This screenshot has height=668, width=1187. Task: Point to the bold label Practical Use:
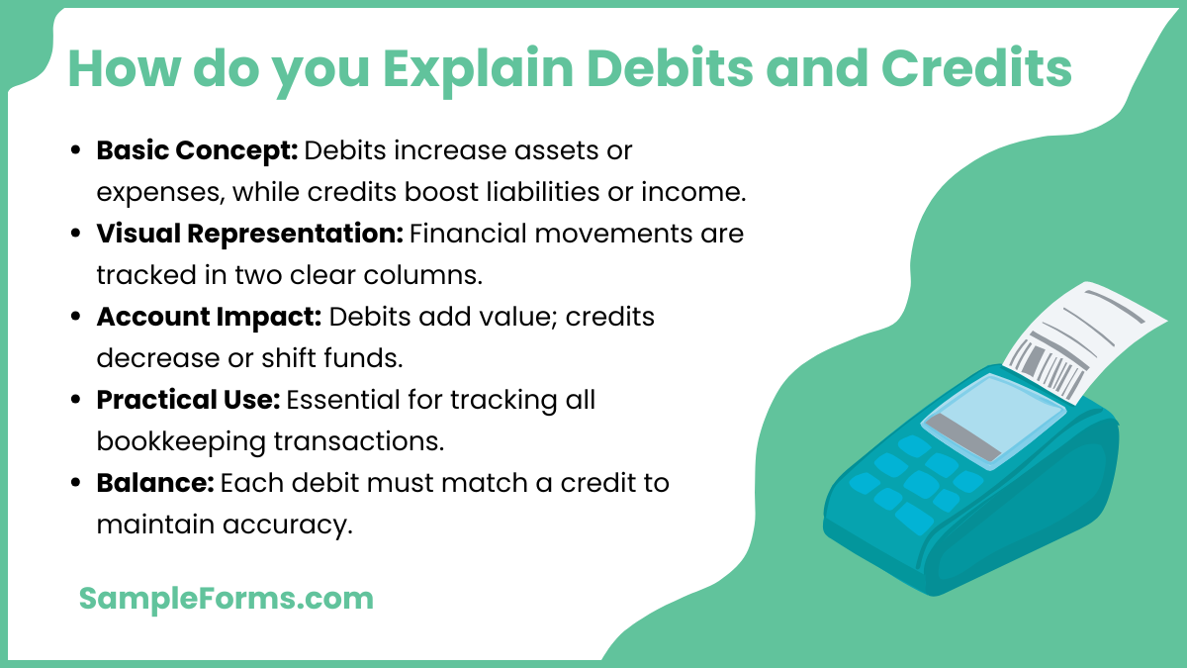189,400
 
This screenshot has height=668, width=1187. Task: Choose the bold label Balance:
154,483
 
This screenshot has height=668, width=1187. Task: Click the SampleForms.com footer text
226,598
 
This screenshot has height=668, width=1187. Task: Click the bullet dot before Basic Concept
76,152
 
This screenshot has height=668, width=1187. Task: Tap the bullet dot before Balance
76,484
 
